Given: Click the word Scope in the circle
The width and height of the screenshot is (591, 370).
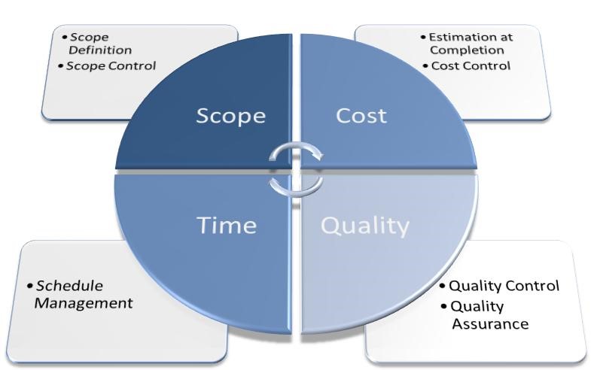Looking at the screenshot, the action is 230,117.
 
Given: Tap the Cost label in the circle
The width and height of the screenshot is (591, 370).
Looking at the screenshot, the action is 361,116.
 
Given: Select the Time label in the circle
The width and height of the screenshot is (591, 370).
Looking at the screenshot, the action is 227,225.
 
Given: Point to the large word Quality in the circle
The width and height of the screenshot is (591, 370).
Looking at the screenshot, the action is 365,226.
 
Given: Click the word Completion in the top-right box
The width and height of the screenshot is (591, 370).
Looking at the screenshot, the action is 467,50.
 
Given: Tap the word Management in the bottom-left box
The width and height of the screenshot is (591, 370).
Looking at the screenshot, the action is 84,303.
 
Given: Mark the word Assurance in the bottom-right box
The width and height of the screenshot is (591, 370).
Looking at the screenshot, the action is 490,323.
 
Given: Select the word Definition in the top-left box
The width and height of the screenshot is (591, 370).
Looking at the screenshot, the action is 100,50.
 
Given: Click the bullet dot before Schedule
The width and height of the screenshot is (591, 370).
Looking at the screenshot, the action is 30,286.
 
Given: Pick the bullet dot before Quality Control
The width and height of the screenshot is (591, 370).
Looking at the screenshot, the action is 443,286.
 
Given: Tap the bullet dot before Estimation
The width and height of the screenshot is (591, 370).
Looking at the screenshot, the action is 423,38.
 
